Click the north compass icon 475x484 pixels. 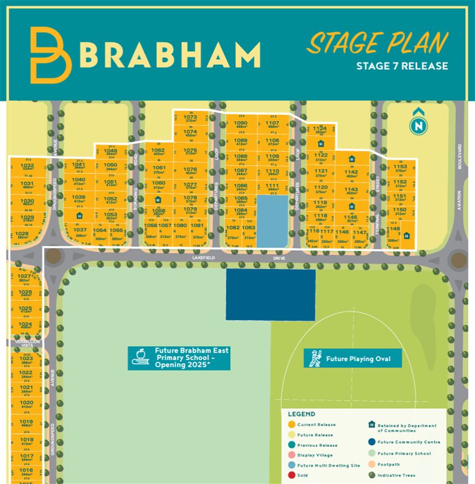(419, 125)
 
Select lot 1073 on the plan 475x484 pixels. (190, 119)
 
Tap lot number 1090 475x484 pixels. (241, 125)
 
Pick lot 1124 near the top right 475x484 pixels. (320, 130)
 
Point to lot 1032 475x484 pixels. (27, 167)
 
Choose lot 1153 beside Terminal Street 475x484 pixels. (400, 168)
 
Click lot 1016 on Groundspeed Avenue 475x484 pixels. (26, 472)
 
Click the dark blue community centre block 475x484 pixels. (270, 295)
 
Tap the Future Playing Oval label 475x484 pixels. (358, 359)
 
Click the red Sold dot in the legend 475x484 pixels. (291, 475)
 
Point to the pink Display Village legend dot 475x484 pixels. (291, 455)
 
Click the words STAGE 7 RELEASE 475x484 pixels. (402, 66)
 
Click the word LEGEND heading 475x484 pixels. (301, 414)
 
